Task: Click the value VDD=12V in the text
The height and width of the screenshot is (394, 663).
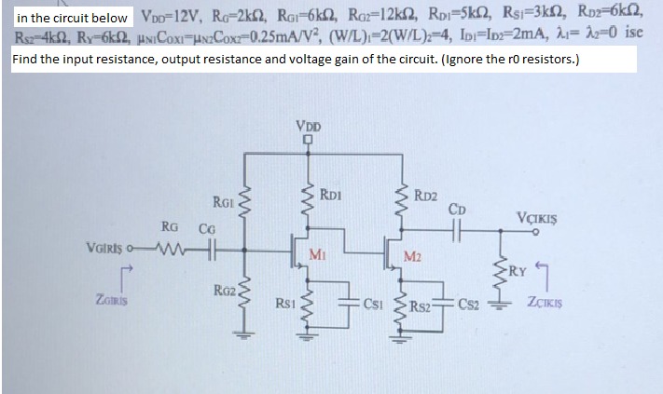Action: (170, 17)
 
